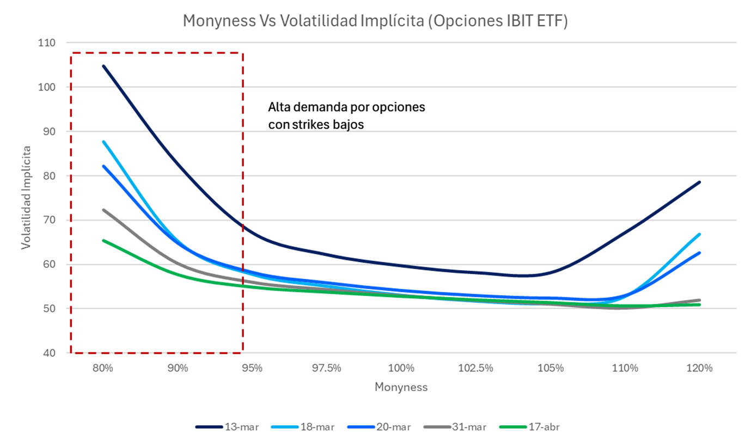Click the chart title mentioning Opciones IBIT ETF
375,21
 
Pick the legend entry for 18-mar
303,427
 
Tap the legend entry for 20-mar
378,427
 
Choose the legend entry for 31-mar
454,427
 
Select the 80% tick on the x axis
103,368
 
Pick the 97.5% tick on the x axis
327,368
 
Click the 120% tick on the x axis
700,368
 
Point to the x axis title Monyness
401,387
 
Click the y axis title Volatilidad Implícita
26,197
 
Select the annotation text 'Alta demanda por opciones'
347,107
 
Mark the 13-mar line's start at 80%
103,66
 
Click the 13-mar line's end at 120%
700,182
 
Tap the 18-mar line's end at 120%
700,234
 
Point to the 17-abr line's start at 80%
103,240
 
